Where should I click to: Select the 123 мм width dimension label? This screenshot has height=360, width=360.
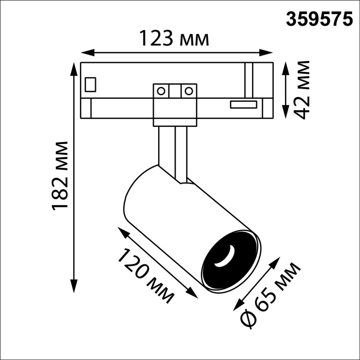click(x=174, y=39)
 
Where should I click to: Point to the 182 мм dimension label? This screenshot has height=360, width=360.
click(x=60, y=175)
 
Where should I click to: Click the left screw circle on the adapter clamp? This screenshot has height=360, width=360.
click(x=161, y=91)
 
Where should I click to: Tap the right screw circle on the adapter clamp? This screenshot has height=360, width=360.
click(x=189, y=91)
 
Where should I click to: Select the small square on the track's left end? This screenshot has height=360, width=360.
click(x=91, y=84)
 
